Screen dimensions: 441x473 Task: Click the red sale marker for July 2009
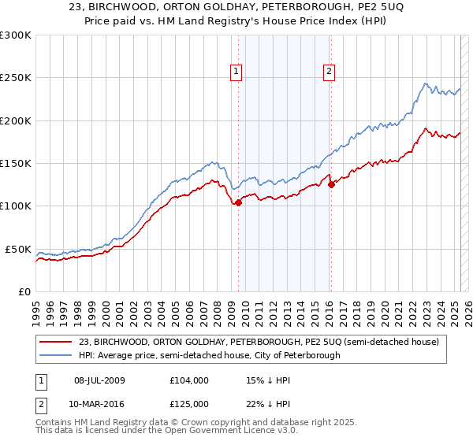238,202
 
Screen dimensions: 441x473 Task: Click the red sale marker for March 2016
332,185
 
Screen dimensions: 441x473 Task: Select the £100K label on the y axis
16,206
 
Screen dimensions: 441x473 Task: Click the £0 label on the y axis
23,291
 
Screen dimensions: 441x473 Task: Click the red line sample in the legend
55,342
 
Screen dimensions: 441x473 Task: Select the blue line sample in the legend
55,355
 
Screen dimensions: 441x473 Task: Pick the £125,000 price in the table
188,404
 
